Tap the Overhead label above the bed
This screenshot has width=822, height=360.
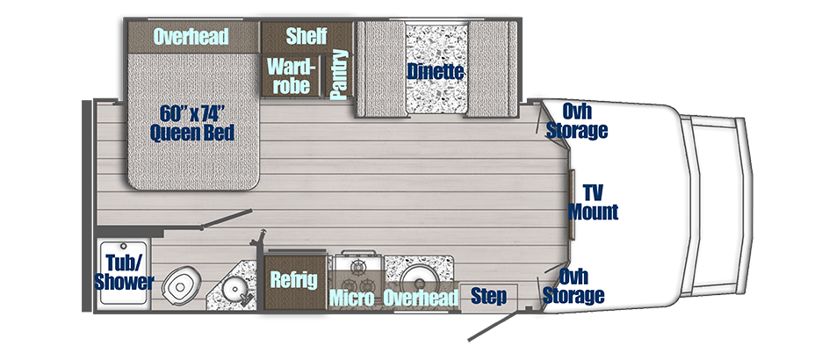tap(191, 36)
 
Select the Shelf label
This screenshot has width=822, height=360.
tap(306, 36)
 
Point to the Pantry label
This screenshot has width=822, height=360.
tap(338, 76)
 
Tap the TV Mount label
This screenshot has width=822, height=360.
tap(593, 202)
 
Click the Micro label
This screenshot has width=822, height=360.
tap(352, 299)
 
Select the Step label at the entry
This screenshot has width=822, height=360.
tap(488, 297)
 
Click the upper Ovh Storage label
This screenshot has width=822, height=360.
tap(577, 121)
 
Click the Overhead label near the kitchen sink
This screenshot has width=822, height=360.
tap(422, 299)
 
